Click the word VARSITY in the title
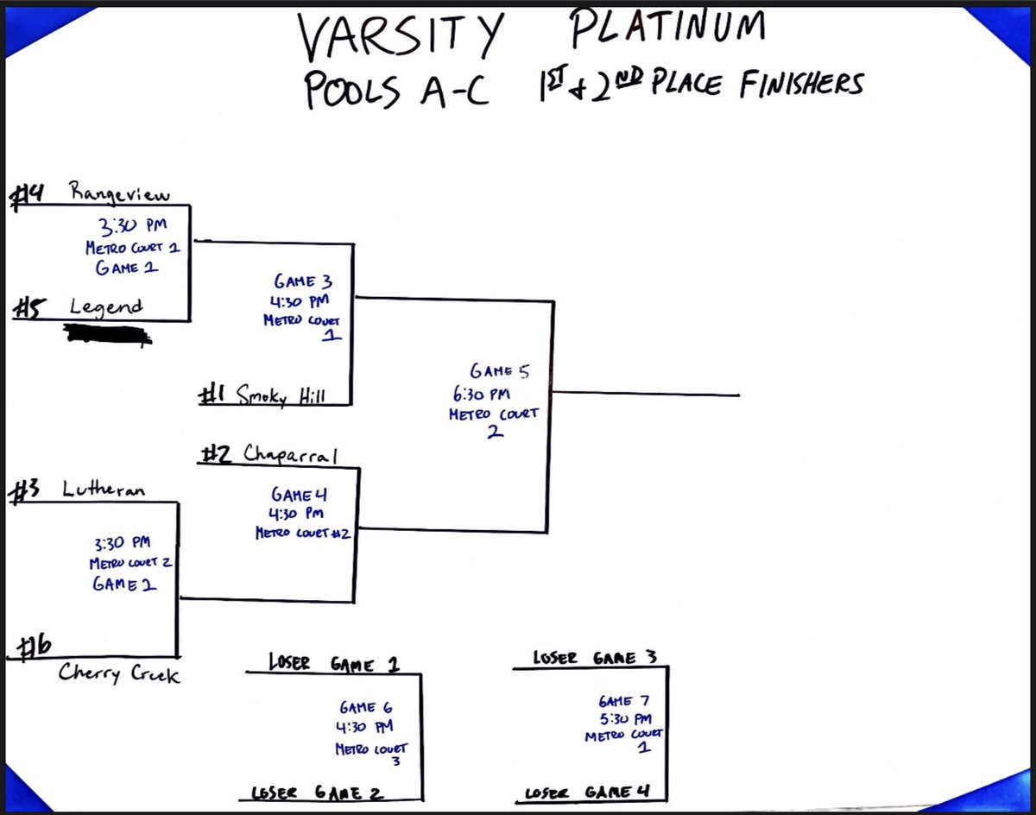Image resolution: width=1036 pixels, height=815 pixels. [399, 34]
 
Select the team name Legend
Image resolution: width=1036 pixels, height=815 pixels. [105, 306]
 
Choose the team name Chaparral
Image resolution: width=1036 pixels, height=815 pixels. [290, 454]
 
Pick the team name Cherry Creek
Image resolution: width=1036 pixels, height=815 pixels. [119, 673]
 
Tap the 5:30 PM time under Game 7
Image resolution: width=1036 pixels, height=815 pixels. [624, 718]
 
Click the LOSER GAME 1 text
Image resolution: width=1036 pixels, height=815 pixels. [333, 664]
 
